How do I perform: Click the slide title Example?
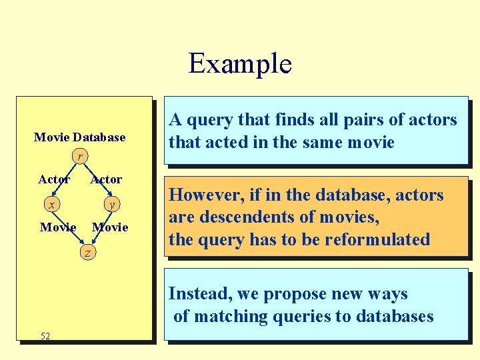(240, 64)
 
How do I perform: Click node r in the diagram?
(79, 157)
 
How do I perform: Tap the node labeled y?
(111, 204)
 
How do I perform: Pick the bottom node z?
(87, 253)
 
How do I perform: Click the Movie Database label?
(79, 137)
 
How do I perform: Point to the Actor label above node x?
(54, 179)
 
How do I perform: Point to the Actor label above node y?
(106, 179)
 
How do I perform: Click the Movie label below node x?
(58, 227)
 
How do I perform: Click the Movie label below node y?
(110, 227)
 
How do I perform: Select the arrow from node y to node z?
(100, 229)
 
